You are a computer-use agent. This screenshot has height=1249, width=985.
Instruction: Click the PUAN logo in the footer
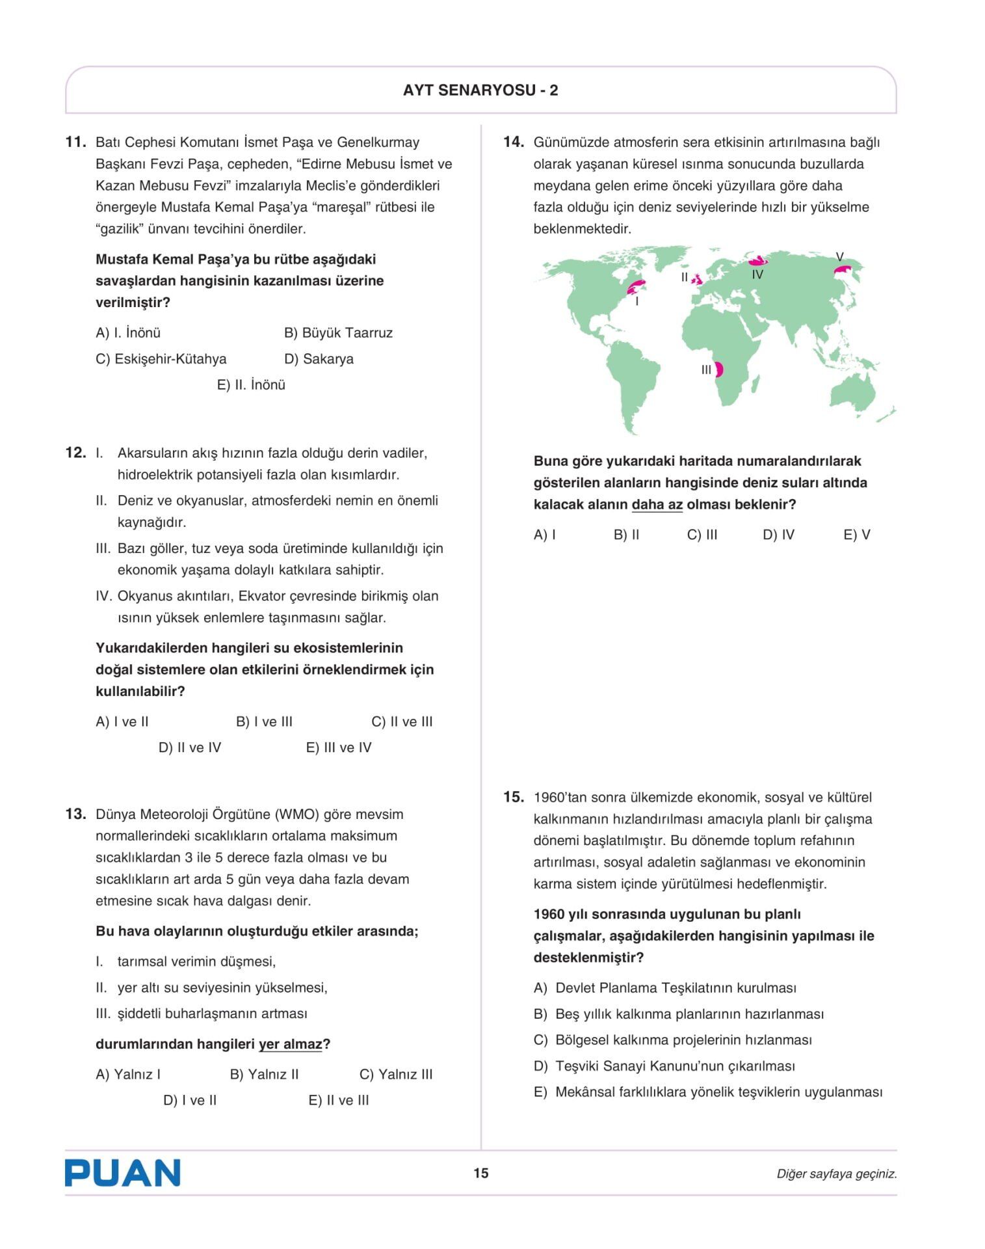click(x=122, y=1172)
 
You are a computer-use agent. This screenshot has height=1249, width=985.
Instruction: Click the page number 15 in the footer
click(x=480, y=1173)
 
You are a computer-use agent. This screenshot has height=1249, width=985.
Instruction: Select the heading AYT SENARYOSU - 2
click(x=480, y=90)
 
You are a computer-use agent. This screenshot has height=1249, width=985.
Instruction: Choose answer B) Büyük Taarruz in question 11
click(x=338, y=333)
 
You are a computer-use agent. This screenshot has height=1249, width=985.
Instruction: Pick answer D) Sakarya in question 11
click(x=319, y=359)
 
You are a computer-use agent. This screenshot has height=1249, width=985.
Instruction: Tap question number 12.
click(x=75, y=453)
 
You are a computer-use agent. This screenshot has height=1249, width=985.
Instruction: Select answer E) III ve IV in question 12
click(x=338, y=747)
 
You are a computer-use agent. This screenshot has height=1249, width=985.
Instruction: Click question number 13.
click(x=75, y=814)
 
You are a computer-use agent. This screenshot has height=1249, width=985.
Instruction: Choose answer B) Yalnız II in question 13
click(x=264, y=1074)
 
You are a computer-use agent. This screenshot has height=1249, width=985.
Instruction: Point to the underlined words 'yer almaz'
click(x=290, y=1044)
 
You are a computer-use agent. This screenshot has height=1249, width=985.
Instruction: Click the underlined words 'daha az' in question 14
click(x=657, y=505)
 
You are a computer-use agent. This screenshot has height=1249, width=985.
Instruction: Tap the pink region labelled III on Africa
click(x=719, y=369)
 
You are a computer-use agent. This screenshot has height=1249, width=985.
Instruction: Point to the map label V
click(x=839, y=257)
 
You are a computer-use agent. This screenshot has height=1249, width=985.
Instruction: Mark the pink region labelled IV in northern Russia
click(x=757, y=261)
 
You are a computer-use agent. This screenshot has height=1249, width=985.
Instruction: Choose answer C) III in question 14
click(x=702, y=535)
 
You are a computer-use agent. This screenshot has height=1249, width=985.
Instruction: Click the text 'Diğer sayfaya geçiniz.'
click(x=836, y=1174)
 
